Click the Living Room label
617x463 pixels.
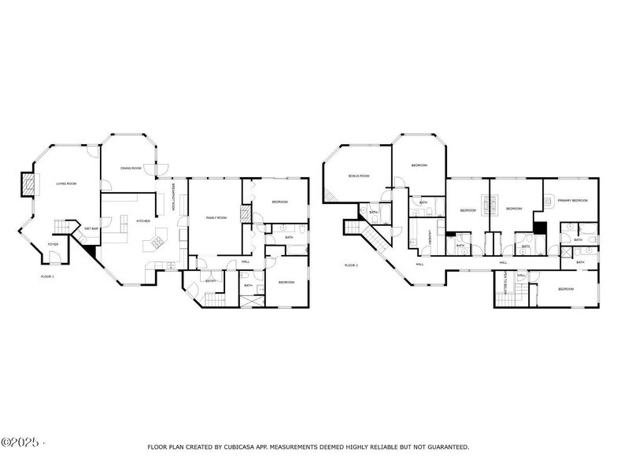point(66,183)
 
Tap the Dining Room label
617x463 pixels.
point(131,168)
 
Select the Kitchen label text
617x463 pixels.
point(143,220)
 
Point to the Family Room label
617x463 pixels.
point(216,217)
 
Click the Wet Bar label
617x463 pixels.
point(91,229)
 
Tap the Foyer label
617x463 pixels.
point(54,245)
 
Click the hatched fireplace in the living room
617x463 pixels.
point(28,184)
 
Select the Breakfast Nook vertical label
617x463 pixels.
point(173,198)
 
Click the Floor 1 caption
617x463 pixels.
point(48,276)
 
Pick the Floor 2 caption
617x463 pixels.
point(351,265)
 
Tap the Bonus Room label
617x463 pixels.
point(359,176)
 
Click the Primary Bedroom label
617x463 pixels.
point(573,201)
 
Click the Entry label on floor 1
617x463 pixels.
point(211,281)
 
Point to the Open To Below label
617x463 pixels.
point(504,284)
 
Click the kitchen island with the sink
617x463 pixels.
point(161,239)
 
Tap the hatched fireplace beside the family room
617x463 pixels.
point(246,214)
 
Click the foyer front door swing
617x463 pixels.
point(65,258)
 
